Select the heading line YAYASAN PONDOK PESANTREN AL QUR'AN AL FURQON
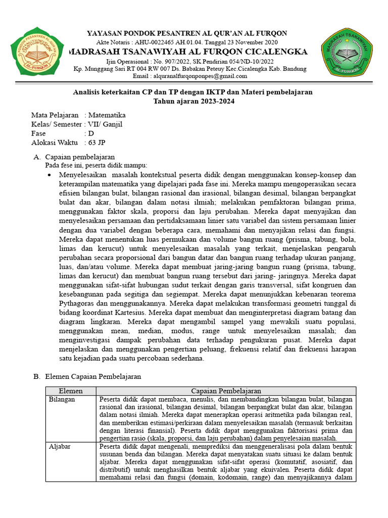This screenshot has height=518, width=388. click(x=187, y=33)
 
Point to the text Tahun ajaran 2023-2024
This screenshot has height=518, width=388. click(x=194, y=101)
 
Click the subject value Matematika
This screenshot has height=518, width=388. click(x=107, y=115)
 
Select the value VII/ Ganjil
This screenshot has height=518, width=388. click(x=105, y=124)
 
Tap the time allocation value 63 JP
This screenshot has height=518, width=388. click(x=99, y=143)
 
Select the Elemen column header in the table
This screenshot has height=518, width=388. click(x=71, y=391)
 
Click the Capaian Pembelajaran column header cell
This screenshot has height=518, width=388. click(x=226, y=391)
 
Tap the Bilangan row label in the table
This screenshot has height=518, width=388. click(x=62, y=400)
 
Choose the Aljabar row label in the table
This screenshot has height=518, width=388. click(x=60, y=447)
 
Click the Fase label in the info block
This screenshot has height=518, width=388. click(x=38, y=134)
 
